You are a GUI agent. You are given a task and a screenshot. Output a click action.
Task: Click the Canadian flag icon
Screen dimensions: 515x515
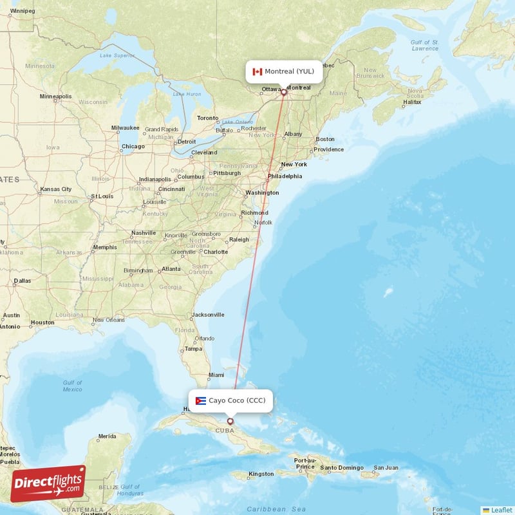click(x=257, y=71)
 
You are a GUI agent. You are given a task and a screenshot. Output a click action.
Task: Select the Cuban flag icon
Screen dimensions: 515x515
click(x=201, y=400)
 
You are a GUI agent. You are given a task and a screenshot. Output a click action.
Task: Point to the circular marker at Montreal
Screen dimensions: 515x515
click(x=283, y=92)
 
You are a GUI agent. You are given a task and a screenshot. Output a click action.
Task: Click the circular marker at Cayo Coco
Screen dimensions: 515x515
click(x=230, y=421)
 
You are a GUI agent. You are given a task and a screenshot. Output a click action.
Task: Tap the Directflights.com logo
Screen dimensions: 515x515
click(x=48, y=483)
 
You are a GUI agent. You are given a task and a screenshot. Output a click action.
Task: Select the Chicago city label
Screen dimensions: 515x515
click(x=133, y=146)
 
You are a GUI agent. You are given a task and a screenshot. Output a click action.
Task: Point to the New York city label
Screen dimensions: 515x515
click(x=294, y=164)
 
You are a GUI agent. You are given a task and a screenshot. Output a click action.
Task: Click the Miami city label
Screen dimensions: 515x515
click(x=216, y=375)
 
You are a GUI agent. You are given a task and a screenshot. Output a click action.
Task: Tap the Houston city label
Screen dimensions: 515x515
click(x=42, y=323)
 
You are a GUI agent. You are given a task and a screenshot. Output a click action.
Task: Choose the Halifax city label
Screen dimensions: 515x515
click(x=412, y=102)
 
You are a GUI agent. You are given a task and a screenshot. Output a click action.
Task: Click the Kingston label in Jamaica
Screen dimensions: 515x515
click(x=261, y=474)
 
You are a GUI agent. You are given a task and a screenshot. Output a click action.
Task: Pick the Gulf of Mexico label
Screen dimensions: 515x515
click(x=72, y=386)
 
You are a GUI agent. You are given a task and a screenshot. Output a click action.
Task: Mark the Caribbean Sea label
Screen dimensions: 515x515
click(x=277, y=509)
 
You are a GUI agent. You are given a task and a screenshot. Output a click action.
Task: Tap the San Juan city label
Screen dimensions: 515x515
click(x=386, y=467)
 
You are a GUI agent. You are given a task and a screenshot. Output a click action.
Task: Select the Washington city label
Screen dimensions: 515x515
click(x=261, y=192)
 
